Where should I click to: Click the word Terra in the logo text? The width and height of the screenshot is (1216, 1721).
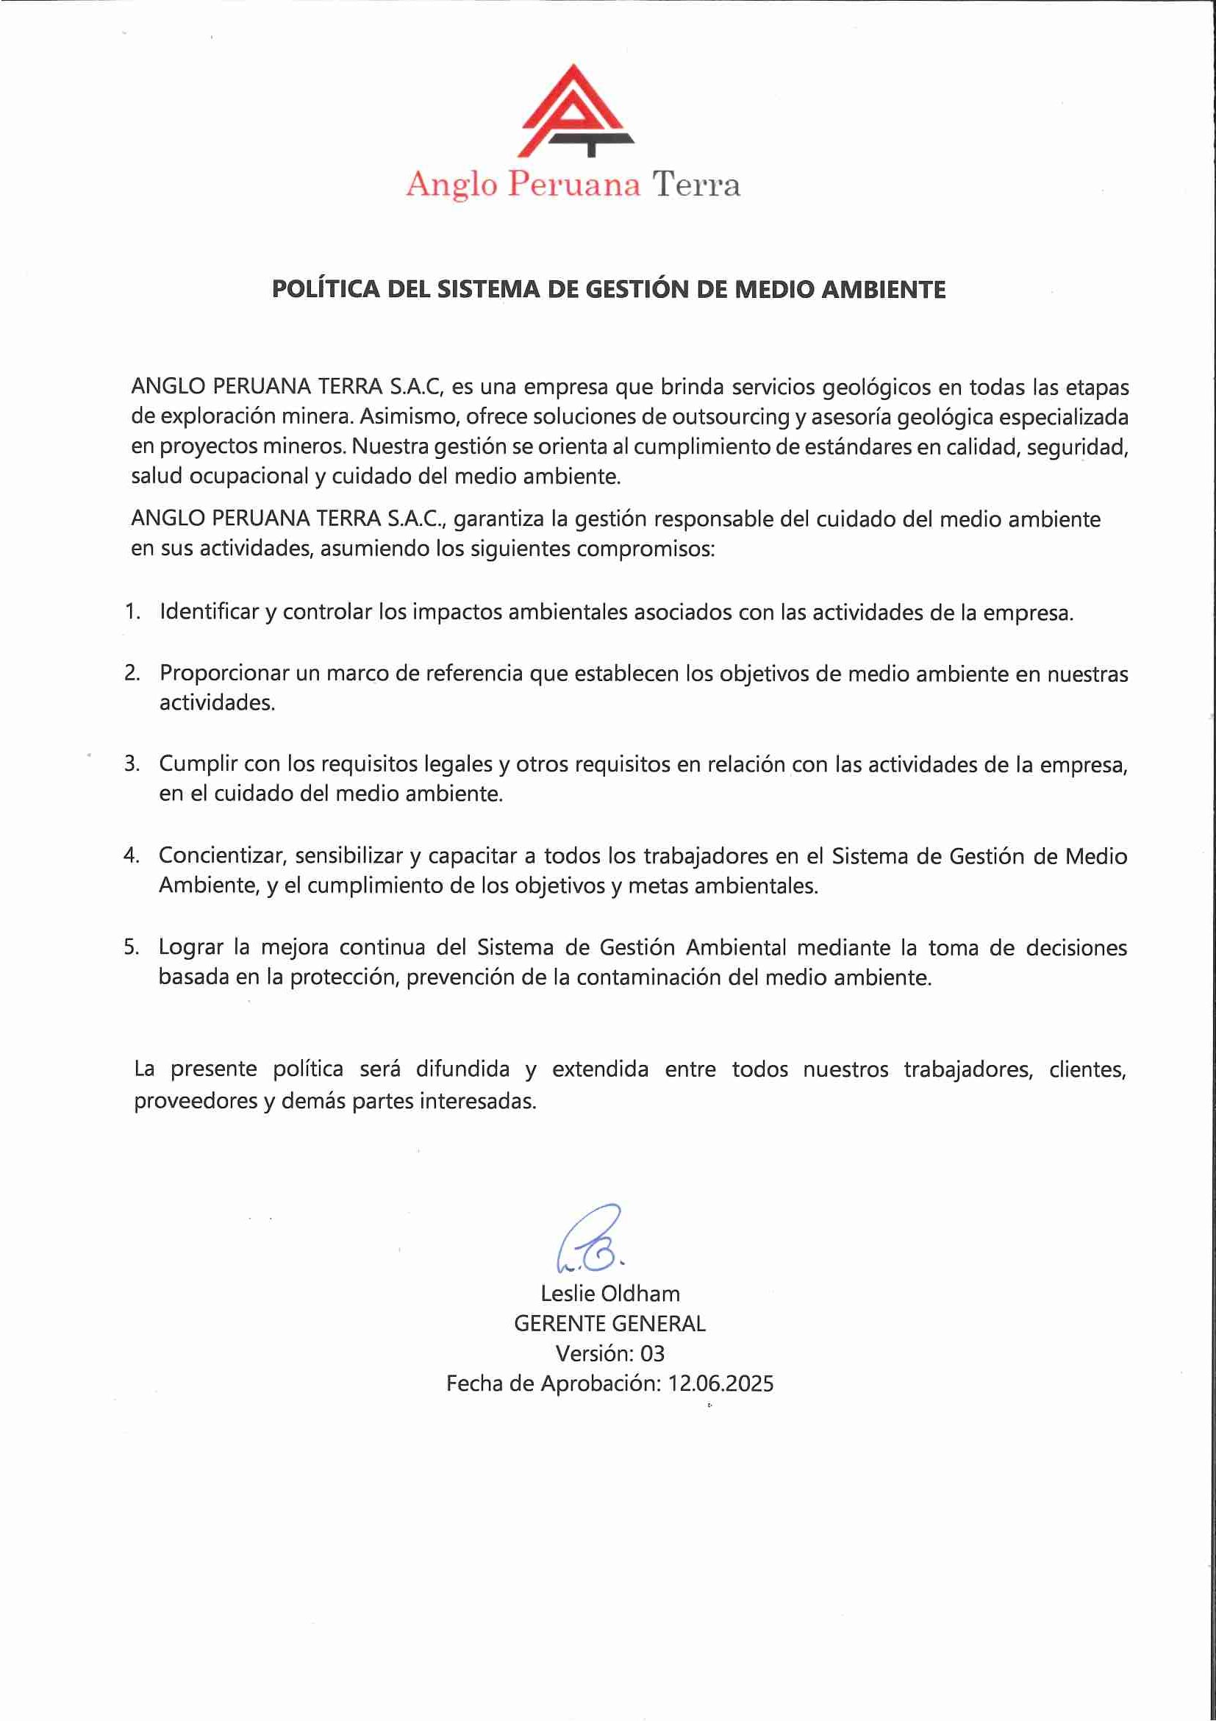coord(696,185)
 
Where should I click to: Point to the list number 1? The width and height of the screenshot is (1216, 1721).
coord(132,612)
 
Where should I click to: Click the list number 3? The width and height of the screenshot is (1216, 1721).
coord(132,764)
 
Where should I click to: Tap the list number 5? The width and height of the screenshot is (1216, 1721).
coord(131,947)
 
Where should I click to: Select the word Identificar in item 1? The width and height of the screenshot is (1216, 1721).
coord(208,613)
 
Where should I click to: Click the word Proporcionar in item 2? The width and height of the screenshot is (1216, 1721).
coord(224,673)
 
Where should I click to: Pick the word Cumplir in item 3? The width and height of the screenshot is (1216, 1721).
coord(198,764)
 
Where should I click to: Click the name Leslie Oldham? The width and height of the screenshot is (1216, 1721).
coord(610,1294)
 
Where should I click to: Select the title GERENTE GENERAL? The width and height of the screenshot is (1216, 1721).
coord(610,1324)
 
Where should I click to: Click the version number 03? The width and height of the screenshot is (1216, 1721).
coord(652,1354)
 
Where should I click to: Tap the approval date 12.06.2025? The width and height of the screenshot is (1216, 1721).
coord(720,1383)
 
